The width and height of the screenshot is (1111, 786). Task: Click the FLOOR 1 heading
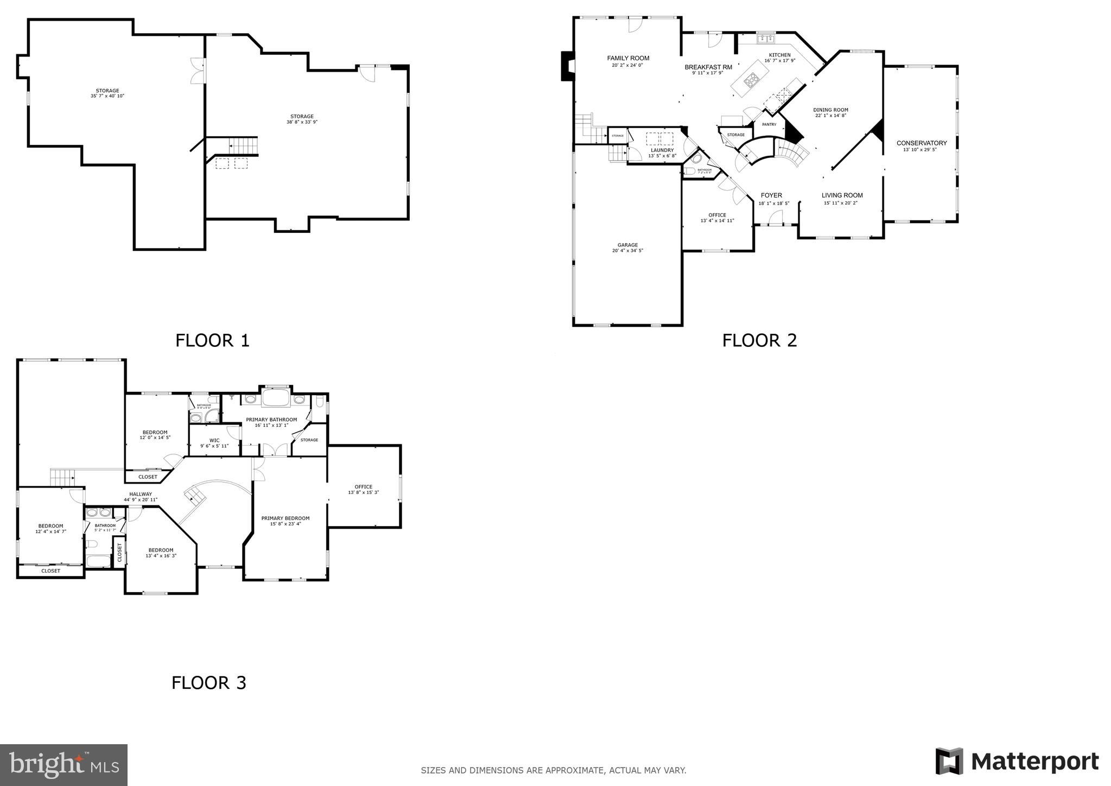pos(212,340)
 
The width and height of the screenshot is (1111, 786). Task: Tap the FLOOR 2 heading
pos(759,340)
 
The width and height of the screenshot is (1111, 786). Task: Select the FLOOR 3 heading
pos(209,682)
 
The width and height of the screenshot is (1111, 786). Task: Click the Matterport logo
pos(1017,762)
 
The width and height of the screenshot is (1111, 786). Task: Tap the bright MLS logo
pos(64,765)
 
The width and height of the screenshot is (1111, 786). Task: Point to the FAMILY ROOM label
pos(628,58)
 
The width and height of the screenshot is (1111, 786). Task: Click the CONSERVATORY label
pos(922,143)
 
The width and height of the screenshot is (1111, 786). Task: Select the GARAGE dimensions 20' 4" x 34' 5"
pos(627,251)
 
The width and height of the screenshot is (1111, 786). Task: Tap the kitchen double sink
pos(766,38)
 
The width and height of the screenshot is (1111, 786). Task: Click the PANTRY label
pos(769,124)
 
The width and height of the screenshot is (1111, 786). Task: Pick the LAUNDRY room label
pos(662,150)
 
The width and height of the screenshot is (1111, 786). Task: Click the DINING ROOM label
pos(830,110)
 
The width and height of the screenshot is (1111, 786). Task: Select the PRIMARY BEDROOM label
pos(285,518)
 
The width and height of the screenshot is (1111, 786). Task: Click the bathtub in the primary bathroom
pos(276,398)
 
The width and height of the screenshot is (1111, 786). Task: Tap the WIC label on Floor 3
pos(214,440)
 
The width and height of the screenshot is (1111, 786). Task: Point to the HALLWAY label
pos(141,494)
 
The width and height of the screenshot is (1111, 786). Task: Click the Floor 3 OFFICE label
pos(363,487)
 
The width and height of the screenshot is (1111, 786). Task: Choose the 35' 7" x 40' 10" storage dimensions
pos(107,96)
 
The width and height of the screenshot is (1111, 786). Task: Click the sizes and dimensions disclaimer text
pos(554,770)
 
